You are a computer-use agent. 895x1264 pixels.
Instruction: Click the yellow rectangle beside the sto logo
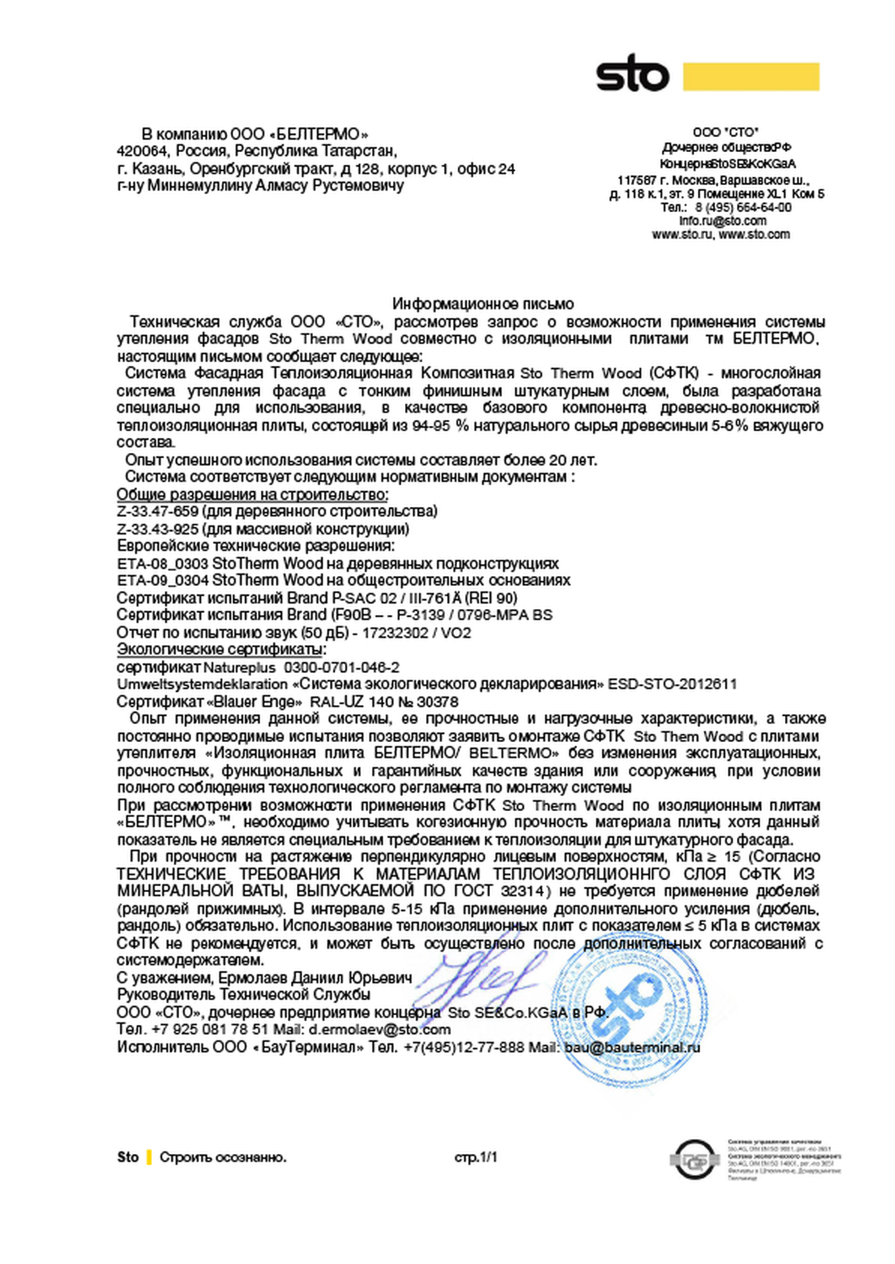tap(751, 76)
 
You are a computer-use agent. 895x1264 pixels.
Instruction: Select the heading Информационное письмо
tap(483, 303)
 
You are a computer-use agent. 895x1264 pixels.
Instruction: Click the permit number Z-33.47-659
tap(157, 512)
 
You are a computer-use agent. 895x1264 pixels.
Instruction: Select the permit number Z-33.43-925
tap(157, 529)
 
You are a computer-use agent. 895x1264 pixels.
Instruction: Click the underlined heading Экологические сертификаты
tap(220, 650)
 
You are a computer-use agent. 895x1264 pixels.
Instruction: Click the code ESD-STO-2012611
tap(672, 684)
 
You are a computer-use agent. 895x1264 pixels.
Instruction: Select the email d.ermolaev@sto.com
tap(379, 1030)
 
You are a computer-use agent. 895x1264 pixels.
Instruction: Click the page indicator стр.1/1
tap(475, 1157)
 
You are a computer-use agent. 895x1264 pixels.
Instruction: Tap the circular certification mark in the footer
tap(694, 1159)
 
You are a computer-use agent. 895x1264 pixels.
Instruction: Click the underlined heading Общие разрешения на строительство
tap(252, 494)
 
